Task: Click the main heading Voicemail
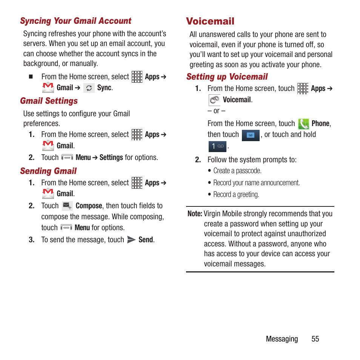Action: tap(210, 21)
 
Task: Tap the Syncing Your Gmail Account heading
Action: tap(75, 21)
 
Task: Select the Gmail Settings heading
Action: tap(49, 101)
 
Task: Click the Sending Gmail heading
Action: tap(48, 171)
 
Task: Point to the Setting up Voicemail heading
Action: tap(227, 77)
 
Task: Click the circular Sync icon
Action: tap(89, 88)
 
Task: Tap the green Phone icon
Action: tap(303, 124)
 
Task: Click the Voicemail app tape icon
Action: tap(214, 100)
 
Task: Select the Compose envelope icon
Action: tap(67, 206)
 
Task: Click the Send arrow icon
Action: tap(131, 240)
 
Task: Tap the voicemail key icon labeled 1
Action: tap(217, 146)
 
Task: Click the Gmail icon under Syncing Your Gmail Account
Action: tap(48, 88)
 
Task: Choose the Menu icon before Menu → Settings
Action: tap(67, 158)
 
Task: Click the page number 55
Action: tap(315, 339)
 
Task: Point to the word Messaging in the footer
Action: tap(282, 339)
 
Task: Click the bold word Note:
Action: tap(195, 214)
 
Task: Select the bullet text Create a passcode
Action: tap(237, 171)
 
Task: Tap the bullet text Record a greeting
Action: tap(236, 195)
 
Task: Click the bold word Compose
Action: tap(89, 206)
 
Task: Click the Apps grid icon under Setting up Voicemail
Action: tap(303, 89)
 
